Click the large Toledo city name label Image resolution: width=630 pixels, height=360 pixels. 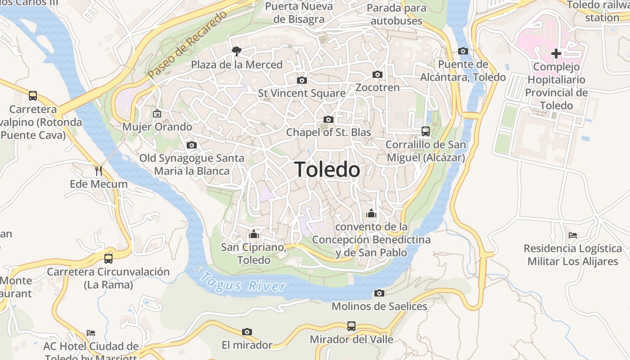(x=327, y=170)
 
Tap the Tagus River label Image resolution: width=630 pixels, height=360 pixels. (x=243, y=282)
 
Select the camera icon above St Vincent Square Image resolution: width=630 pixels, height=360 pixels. (x=302, y=80)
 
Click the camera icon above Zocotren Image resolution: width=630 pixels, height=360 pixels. (x=378, y=74)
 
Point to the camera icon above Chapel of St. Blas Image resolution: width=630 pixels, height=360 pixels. (x=328, y=119)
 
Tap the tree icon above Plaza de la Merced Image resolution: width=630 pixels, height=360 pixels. (x=236, y=51)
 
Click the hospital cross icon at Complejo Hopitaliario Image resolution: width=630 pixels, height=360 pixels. (x=556, y=54)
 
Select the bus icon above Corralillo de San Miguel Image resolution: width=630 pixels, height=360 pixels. (x=425, y=131)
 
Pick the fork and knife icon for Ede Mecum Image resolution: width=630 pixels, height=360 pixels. (x=99, y=171)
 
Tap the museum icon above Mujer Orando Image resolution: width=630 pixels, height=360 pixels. (x=157, y=113)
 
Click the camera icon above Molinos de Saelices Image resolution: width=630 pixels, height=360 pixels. (x=379, y=293)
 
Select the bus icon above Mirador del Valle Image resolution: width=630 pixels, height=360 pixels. (x=351, y=326)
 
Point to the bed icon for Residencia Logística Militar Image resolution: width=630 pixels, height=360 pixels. (x=573, y=235)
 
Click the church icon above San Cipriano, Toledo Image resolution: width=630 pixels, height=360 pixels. (x=254, y=234)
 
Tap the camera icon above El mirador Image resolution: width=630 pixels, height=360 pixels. (x=247, y=332)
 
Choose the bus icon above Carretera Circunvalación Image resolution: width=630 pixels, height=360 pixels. (x=108, y=258)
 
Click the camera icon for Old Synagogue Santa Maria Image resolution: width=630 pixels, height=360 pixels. (x=192, y=145)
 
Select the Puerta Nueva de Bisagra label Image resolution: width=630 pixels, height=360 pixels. (x=299, y=13)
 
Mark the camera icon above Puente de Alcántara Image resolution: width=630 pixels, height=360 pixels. (x=463, y=51)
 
